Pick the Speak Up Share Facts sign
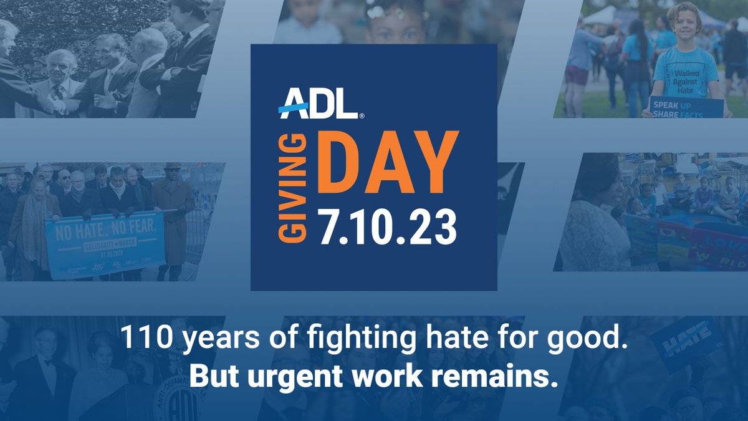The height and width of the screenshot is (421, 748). (686, 107)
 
